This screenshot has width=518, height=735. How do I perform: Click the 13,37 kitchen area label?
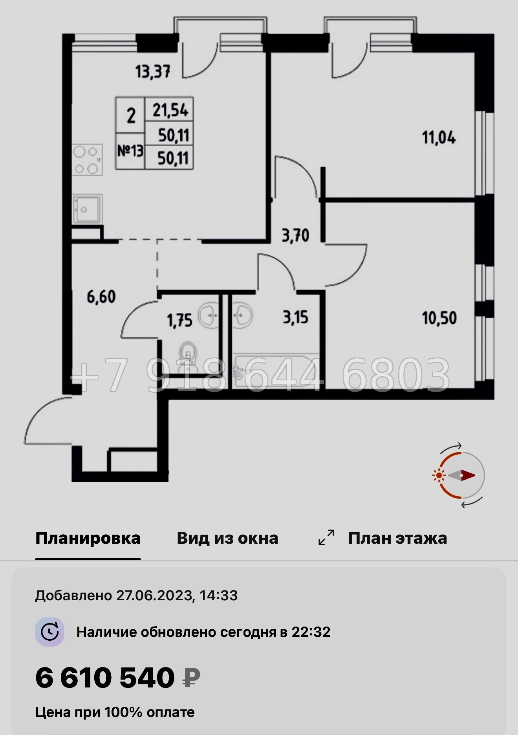point(153,72)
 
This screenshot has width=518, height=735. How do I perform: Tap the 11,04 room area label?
point(439,138)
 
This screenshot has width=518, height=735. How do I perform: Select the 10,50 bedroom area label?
point(439,318)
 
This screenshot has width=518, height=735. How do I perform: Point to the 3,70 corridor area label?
point(295,236)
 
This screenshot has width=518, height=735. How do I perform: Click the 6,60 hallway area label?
point(101,297)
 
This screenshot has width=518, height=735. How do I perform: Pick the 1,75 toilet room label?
point(179,321)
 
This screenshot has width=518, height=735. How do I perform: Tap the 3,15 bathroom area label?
point(295,317)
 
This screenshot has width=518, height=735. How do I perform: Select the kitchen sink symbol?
point(87,209)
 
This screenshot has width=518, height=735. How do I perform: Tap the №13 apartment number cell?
point(130,151)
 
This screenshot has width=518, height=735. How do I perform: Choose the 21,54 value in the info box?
point(170,110)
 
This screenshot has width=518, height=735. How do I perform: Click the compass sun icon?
point(438,475)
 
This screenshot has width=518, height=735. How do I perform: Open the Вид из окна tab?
point(227,538)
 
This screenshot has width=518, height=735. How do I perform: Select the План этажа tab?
point(397,538)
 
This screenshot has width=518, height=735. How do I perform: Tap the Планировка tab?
point(88,538)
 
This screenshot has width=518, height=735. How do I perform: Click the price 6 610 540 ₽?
point(117,678)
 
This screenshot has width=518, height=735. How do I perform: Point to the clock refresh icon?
point(50,632)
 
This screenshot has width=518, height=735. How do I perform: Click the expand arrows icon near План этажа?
point(326,538)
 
